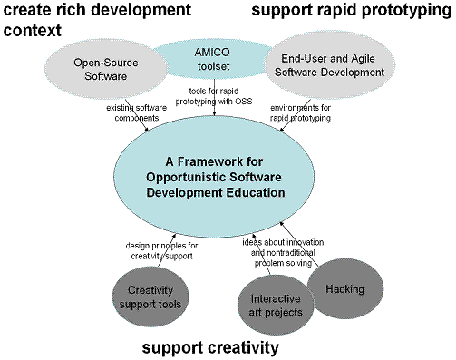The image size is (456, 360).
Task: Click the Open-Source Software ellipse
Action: [106, 69]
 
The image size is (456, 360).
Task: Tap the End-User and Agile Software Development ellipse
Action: [329, 65]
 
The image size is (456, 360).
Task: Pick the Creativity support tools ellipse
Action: [150, 297]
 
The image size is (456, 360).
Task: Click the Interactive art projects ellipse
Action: [276, 306]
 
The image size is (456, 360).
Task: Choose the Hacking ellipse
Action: [345, 289]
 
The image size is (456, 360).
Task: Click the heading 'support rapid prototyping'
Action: [351, 10]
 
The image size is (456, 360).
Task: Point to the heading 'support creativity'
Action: [210, 347]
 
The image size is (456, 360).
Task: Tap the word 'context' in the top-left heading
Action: [33, 30]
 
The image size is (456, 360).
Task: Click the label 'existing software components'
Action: [136, 112]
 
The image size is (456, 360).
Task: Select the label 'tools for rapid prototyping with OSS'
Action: [214, 96]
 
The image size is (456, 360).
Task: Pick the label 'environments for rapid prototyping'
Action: [300, 112]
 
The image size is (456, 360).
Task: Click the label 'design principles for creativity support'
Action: [161, 250]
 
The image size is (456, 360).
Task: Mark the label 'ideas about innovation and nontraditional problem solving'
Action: [283, 253]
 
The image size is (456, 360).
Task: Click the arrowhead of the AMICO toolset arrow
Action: [214, 113]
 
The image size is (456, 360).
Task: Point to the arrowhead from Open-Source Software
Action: [147, 130]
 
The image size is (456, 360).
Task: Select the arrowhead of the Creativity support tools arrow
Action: [174, 236]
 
